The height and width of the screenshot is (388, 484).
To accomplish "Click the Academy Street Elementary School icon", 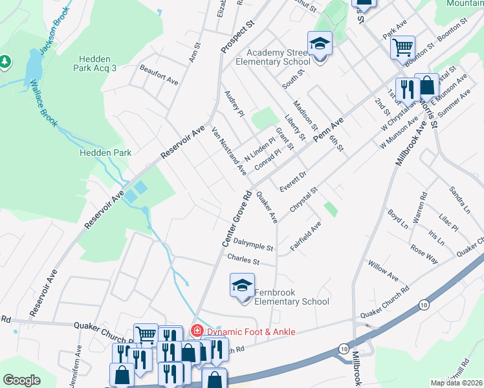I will (x=320, y=45).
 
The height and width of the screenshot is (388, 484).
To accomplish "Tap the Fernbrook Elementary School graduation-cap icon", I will (x=241, y=285).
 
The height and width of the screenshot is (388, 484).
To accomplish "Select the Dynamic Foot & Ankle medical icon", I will (x=196, y=331).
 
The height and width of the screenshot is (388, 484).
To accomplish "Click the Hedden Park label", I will (x=105, y=153).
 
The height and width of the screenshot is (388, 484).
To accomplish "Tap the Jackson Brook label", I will (x=52, y=40).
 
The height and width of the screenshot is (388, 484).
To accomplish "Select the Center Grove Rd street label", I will (x=236, y=218).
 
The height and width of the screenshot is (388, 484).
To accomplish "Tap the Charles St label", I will (x=243, y=261).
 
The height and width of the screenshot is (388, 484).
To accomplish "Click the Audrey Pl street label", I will (x=234, y=104).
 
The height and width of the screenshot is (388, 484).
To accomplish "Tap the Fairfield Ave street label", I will (x=305, y=236).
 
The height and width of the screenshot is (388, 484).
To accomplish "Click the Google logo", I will (x=21, y=380).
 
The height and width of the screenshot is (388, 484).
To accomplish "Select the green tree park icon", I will (x=6, y=61).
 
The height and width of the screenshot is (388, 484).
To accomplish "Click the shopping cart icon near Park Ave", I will (x=402, y=47).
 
